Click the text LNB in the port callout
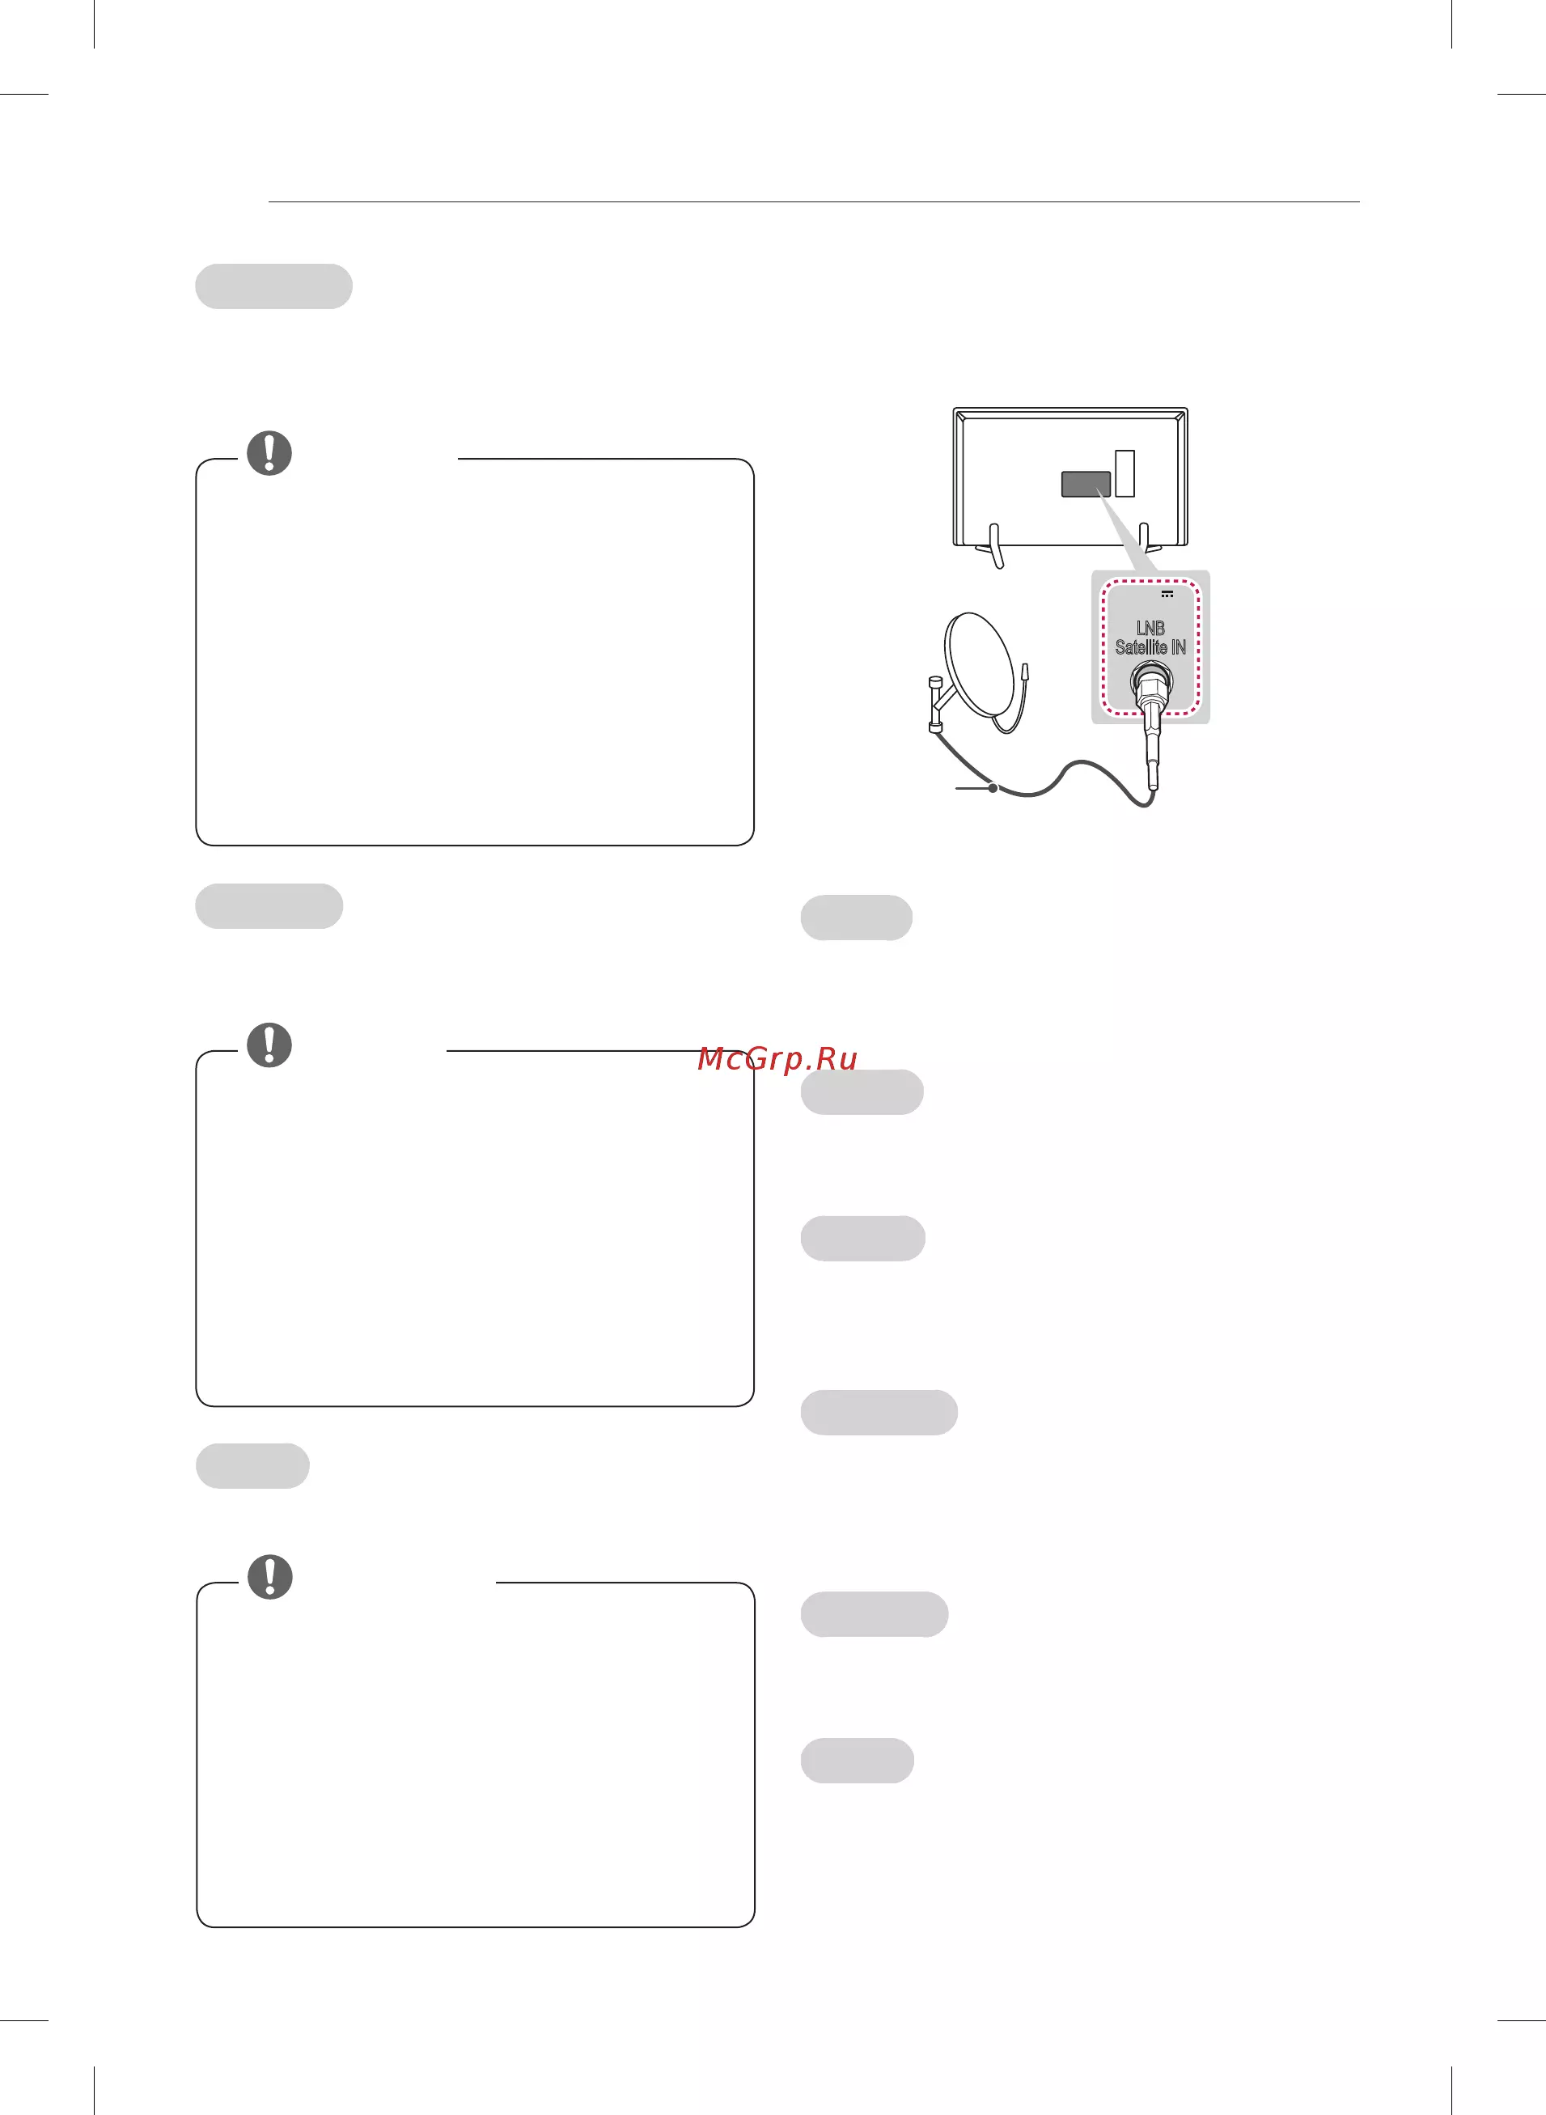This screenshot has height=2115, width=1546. [x=1150, y=628]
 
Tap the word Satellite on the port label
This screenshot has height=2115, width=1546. [x=1141, y=646]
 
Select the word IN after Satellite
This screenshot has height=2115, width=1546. [x=1178, y=646]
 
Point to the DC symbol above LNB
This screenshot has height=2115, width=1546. [x=1167, y=593]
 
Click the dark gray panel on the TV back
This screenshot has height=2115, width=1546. [x=1086, y=484]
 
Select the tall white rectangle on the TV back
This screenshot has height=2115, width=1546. [x=1125, y=473]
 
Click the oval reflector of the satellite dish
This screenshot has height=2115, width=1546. [x=980, y=672]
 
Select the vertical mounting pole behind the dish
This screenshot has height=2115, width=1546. [x=933, y=704]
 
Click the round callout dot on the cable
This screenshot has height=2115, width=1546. [x=993, y=788]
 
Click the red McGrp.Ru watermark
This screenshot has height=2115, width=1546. [x=777, y=1058]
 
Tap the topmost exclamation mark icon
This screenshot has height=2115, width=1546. [x=269, y=453]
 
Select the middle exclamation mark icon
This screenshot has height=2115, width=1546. [x=269, y=1045]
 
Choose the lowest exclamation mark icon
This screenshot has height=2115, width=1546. [x=270, y=1577]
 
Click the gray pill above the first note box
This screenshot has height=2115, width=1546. [x=273, y=286]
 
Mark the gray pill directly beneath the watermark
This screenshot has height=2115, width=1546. [x=862, y=1092]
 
